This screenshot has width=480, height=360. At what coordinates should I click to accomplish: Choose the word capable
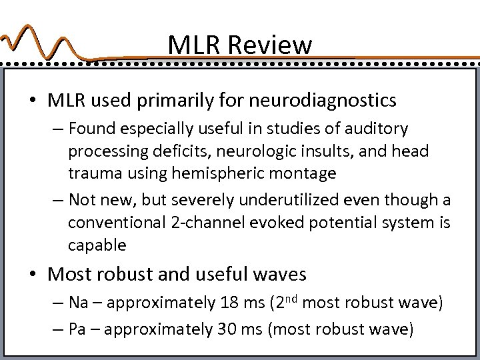point(97,245)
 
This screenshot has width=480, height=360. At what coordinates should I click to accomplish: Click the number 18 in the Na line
point(229,303)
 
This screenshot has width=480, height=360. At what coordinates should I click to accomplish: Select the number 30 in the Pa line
point(227,329)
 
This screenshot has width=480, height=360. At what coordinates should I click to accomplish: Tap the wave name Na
point(78,303)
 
